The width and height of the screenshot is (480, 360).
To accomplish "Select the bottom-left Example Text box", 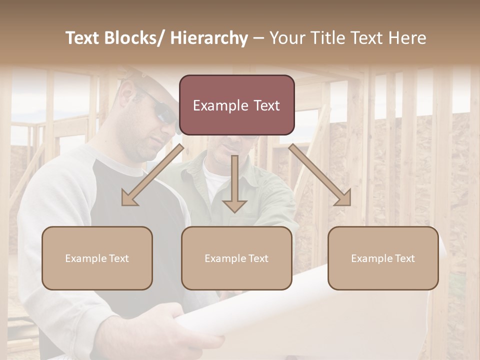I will click(x=97, y=258).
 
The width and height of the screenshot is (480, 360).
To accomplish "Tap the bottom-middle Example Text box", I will click(x=236, y=258).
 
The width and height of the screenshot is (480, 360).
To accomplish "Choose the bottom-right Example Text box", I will click(x=383, y=258).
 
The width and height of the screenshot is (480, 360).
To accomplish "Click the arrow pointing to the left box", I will click(x=152, y=175).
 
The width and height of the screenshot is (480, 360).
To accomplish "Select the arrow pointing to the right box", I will click(x=320, y=175).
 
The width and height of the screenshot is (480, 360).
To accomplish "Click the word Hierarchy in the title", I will click(x=209, y=38).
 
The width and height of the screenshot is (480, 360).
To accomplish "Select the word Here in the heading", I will click(x=406, y=38).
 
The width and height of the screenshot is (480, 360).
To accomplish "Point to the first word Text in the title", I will click(x=82, y=38).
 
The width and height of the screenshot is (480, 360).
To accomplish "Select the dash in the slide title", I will click(x=258, y=38).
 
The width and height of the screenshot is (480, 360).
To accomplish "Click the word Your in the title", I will click(x=285, y=38).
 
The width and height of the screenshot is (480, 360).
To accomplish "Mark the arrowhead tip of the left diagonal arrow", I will click(x=123, y=205).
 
